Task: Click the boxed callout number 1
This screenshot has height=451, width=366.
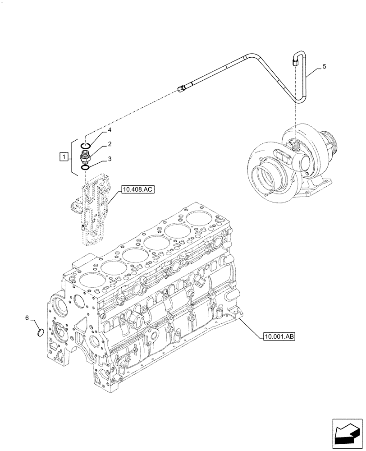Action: point(64,157)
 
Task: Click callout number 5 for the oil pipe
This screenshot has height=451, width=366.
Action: point(325,66)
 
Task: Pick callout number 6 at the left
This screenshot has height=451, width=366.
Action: point(27,318)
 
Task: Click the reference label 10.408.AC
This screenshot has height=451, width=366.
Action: point(137,190)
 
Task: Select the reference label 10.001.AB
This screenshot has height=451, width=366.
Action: point(277,336)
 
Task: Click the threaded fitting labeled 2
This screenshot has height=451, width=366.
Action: point(85,157)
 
